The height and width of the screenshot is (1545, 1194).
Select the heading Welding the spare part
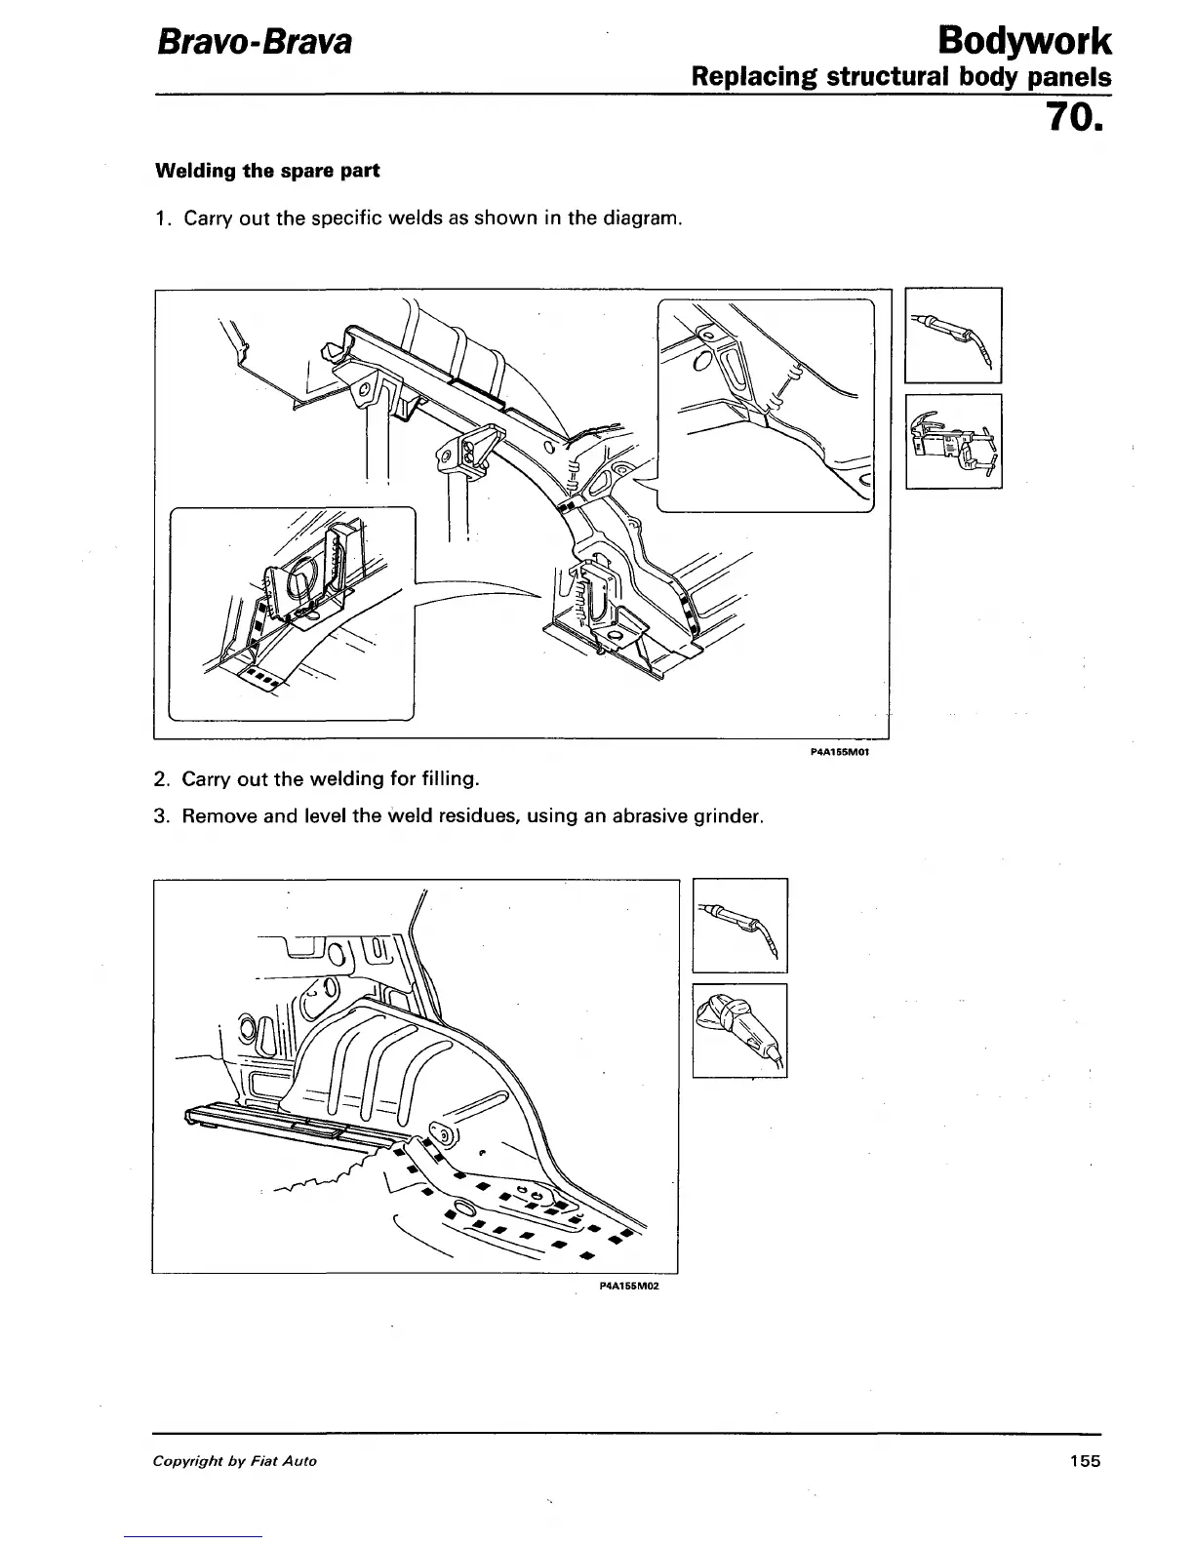(x=267, y=171)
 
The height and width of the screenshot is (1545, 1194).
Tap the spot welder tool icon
(x=953, y=440)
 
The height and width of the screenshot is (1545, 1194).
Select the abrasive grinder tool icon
(x=739, y=1030)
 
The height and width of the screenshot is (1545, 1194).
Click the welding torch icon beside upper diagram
(x=953, y=336)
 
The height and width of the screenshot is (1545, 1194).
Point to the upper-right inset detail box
(x=766, y=404)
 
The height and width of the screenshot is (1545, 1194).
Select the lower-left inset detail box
(x=293, y=613)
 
